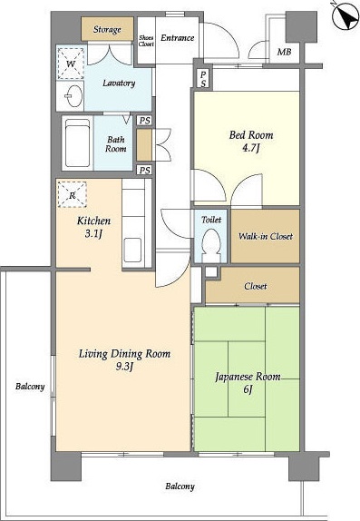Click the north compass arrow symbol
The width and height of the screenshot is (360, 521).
pos(345,16)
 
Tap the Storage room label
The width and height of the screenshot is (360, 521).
pos(107,30)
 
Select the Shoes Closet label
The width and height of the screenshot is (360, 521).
pos(146,41)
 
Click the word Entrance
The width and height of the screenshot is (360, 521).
pos(178,38)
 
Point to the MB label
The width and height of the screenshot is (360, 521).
pos(284,52)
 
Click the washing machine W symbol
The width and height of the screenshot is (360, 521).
pos(71,64)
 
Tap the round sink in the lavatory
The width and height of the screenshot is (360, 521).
pos(74,96)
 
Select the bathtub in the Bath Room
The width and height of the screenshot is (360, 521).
pos(77,143)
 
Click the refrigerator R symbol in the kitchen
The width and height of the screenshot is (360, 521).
pos(72,195)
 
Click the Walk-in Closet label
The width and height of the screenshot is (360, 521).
pos(266,237)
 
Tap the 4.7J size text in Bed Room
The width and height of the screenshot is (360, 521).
pos(251,147)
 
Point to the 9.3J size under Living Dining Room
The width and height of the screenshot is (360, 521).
pos(124,366)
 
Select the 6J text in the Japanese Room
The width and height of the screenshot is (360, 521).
pos(248,388)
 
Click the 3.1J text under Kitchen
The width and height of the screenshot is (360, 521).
pos(93,234)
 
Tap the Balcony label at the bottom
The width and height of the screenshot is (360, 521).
pos(180,487)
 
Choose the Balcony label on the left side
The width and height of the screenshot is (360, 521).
pos(30,387)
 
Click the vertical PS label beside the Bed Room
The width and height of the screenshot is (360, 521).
pos(203,79)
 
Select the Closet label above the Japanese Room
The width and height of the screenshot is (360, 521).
pos(256,286)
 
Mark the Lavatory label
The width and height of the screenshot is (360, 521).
pos(119,84)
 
